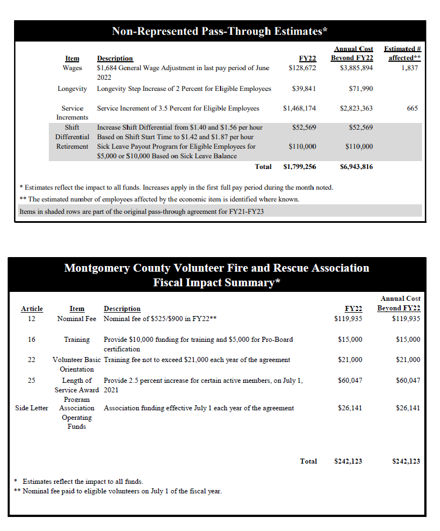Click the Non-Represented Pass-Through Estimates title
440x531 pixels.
pos(219,31)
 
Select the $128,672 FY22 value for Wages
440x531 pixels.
pos(302,68)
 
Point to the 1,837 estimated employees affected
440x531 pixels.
pos(410,68)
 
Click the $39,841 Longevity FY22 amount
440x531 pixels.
pos(304,89)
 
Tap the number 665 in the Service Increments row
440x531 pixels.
pos(412,108)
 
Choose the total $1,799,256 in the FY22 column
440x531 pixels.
pos(300,167)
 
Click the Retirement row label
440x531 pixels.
pos(72,147)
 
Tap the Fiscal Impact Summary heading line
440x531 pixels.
pos(217,282)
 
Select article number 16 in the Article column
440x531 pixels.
pos(31,340)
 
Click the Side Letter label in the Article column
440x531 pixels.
pos(31,408)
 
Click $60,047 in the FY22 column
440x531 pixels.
pos(350,381)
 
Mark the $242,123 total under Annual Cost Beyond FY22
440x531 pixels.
pos(406,461)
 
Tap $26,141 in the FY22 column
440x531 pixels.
pos(350,408)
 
